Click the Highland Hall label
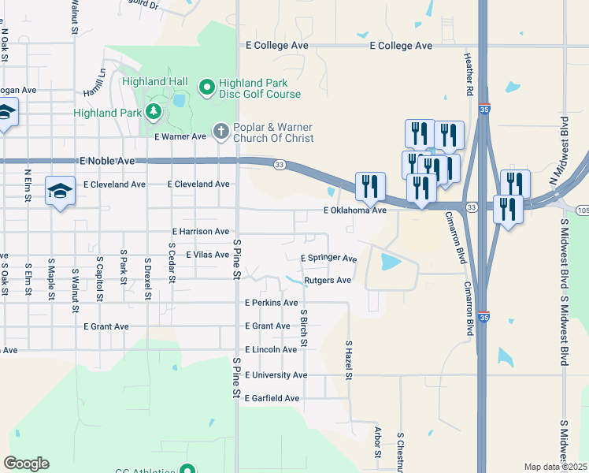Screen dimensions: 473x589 click(x=154, y=82)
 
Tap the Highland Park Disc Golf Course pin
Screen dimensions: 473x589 click(x=208, y=87)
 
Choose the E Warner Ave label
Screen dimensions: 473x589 click(x=180, y=136)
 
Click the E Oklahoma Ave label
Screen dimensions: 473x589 click(x=355, y=210)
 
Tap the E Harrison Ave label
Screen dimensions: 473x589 click(x=201, y=232)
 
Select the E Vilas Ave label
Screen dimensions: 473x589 click(x=207, y=255)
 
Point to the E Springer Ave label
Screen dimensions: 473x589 click(x=329, y=259)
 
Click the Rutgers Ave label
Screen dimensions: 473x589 click(x=328, y=280)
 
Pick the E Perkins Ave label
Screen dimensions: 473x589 click(x=272, y=303)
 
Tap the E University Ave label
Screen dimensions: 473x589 click(x=276, y=375)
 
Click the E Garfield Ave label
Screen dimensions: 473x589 click(x=272, y=399)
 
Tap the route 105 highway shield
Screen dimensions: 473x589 click(x=583, y=210)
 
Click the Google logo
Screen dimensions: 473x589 click(x=26, y=464)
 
